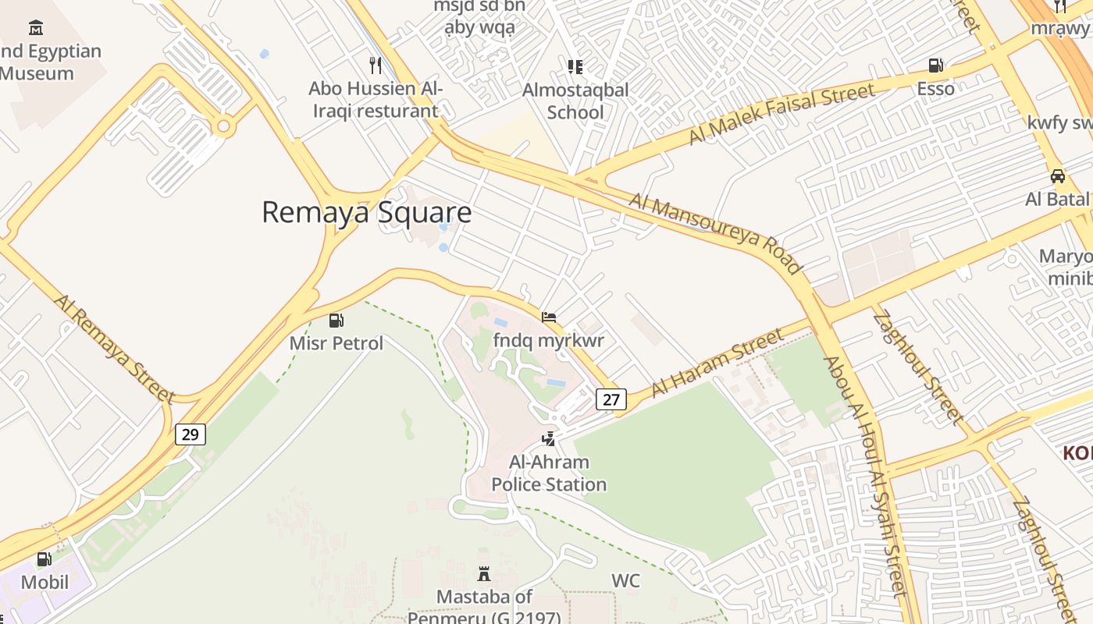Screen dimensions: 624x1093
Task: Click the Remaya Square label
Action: click(366, 212)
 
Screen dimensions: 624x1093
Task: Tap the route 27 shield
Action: click(611, 399)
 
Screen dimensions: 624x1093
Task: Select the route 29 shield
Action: click(190, 434)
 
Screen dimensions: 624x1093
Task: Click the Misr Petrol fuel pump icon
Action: click(336, 320)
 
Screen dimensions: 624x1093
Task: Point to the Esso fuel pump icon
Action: click(935, 66)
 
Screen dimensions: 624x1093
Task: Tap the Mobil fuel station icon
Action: click(45, 559)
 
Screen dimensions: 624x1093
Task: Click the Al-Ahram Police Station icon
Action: click(549, 439)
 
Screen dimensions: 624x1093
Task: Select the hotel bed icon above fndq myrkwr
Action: click(549, 317)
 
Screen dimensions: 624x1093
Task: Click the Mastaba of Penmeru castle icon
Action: click(484, 575)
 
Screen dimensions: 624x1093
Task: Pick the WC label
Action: click(625, 581)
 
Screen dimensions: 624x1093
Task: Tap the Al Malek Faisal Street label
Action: click(781, 114)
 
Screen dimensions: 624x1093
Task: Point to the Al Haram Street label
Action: click(717, 362)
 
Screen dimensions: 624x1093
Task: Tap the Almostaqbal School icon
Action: click(575, 67)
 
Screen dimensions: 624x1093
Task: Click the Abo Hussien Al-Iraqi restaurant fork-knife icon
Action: click(376, 65)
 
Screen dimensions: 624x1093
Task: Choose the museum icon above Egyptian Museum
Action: click(35, 29)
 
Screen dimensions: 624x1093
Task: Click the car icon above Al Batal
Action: click(1058, 176)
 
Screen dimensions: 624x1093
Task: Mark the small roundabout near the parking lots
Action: click(225, 126)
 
